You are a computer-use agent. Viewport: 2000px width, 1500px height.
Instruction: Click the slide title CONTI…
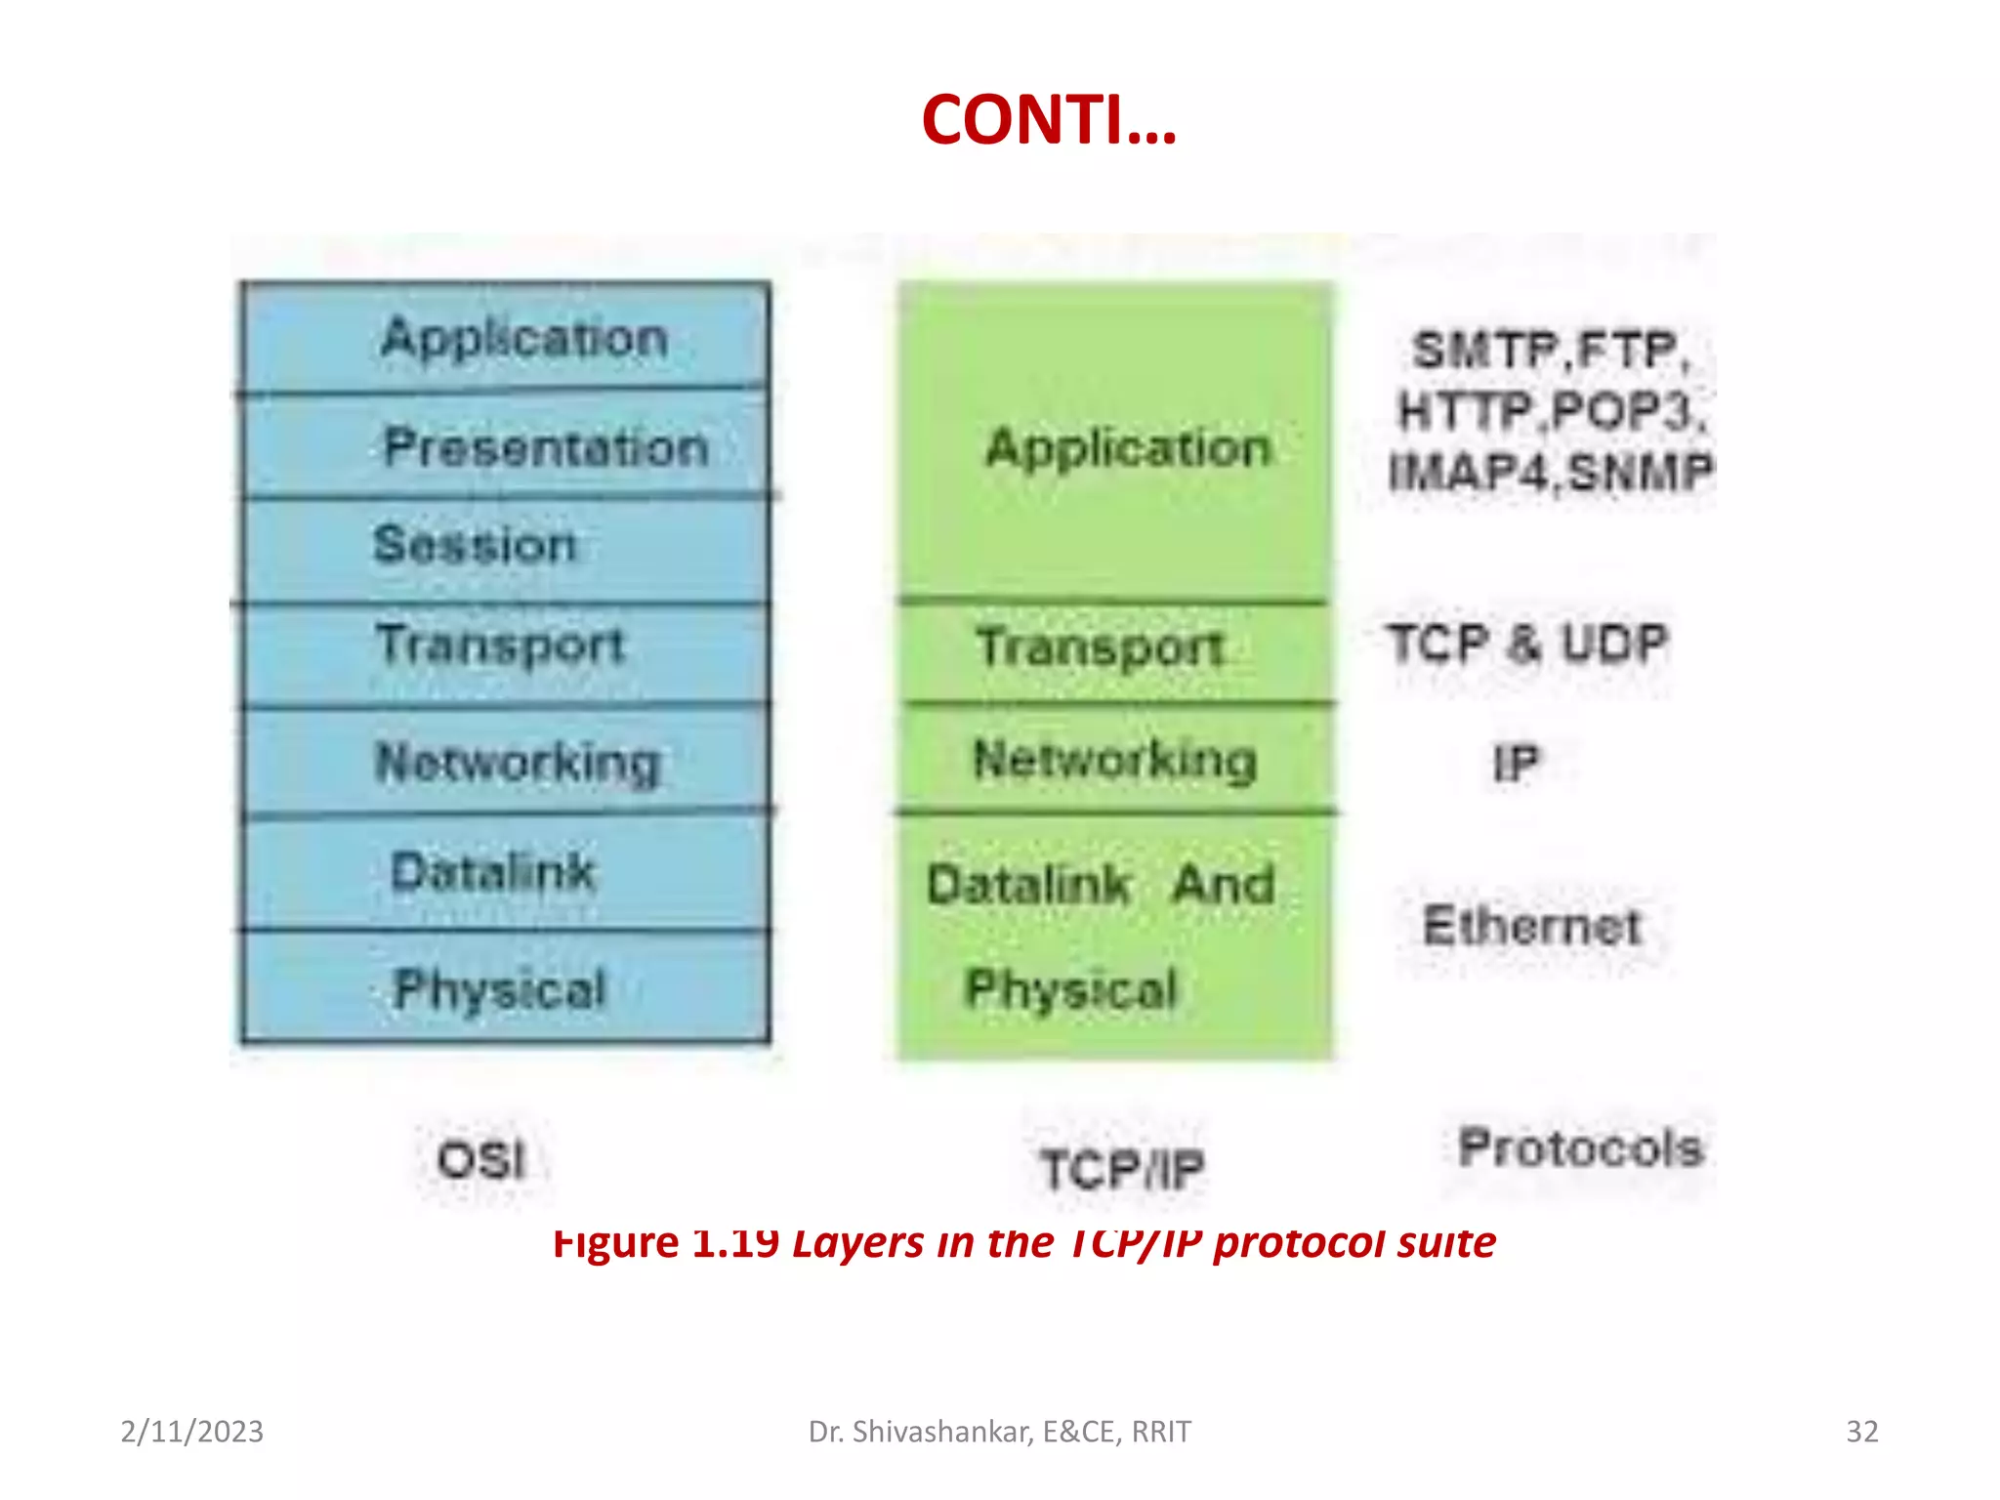coord(1049,120)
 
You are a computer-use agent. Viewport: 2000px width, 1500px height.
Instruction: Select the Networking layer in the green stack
coord(1115,759)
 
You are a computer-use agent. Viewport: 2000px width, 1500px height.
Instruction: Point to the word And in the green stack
coord(1224,884)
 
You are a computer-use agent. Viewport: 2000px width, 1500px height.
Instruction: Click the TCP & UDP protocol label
coord(1528,645)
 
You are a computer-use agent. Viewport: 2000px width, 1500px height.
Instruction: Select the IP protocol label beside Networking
coord(1516,763)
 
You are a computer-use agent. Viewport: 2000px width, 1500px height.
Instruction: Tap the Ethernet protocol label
coord(1531,925)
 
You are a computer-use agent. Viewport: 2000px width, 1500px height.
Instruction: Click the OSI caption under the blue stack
coord(481,1161)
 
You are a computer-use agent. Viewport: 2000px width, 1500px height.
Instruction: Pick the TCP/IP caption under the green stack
coord(1122,1169)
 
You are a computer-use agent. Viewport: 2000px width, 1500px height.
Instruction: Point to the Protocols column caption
coord(1580,1147)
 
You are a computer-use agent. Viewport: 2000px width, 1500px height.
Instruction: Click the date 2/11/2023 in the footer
coord(192,1432)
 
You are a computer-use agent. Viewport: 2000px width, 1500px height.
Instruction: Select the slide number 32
coord(1861,1432)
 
